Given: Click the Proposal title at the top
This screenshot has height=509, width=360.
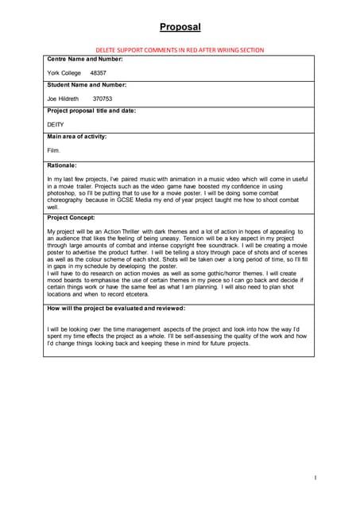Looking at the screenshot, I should point(180,27).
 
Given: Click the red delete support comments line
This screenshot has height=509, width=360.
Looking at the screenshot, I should point(180,49).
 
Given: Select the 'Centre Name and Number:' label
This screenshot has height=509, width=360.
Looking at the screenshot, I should point(85,60).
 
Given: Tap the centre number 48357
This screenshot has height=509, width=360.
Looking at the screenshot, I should point(99,72).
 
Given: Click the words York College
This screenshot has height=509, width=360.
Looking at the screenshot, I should point(64,72).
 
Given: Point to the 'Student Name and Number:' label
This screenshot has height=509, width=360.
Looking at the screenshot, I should point(87,85).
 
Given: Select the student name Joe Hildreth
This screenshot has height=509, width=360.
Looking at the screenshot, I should point(64,99).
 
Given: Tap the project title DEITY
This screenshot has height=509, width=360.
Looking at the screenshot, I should point(56,124).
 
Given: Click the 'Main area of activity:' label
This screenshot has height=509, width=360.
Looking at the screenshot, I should point(77,137).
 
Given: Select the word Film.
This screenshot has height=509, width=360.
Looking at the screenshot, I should point(54,150).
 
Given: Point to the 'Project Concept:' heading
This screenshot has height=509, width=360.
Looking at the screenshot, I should point(72,216).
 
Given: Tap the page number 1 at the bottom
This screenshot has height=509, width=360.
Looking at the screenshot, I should point(315,478).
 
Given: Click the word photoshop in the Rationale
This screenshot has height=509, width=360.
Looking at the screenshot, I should point(64,193).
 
